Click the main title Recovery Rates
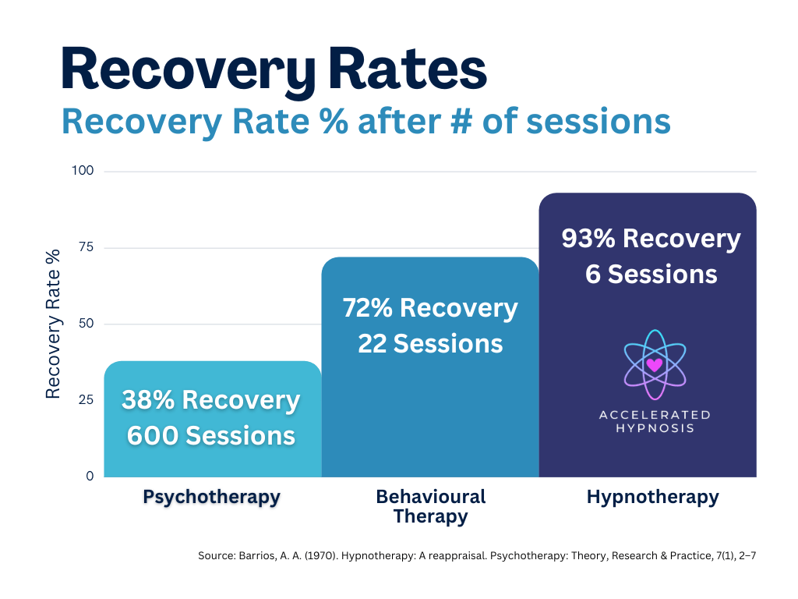pos(274,69)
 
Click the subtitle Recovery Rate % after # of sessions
pos(366,122)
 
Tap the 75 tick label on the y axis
pos(87,247)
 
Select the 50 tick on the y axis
pos(87,324)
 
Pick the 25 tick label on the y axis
pos(87,400)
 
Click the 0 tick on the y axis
pos(90,476)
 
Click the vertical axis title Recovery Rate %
pos(53,324)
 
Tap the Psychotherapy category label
pos(211,498)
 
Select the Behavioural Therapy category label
pos(430,506)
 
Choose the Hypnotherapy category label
pos(652,497)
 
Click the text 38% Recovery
pos(210,400)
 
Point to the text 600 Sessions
pos(210,435)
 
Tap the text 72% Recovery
pos(429,308)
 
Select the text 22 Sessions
pos(429,343)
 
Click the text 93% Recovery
pos(651,239)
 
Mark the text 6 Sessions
pos(651,274)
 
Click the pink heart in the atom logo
pos(654,364)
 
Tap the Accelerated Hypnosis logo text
pos(654,421)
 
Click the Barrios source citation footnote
pos(477,555)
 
